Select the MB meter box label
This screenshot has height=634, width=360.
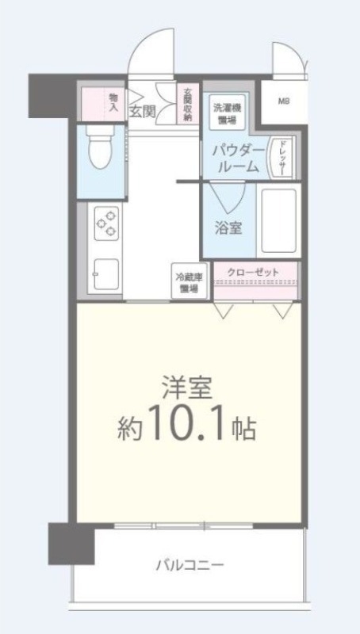click(282, 101)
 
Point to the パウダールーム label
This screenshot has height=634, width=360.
click(236, 158)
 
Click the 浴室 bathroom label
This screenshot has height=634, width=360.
click(229, 227)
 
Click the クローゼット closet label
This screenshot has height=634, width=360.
click(254, 273)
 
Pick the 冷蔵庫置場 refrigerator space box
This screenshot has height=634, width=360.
click(190, 283)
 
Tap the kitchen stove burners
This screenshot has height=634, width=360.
click(107, 223)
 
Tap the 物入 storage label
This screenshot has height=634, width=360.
click(113, 101)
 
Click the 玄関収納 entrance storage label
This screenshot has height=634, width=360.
click(188, 103)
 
